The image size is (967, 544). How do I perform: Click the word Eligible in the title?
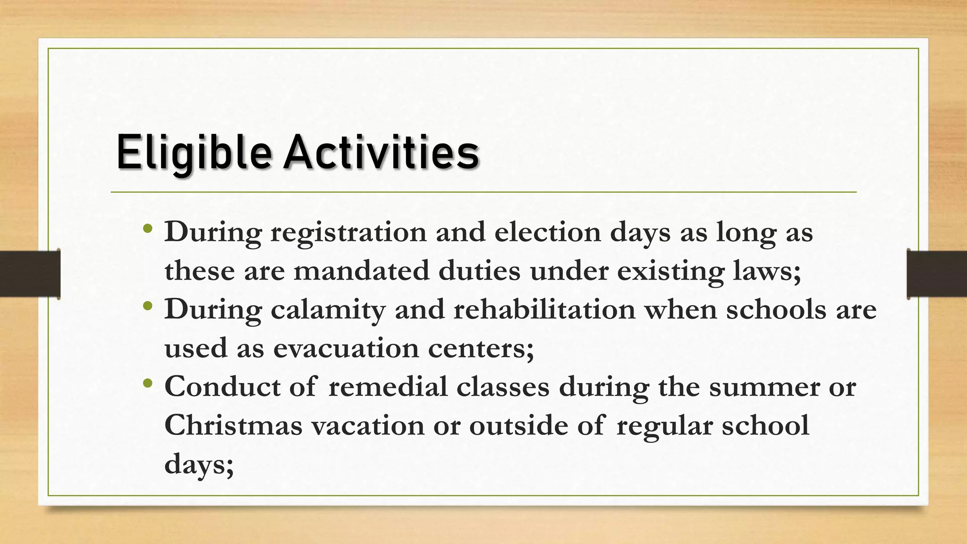point(194,152)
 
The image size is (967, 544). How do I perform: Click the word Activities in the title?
point(381,152)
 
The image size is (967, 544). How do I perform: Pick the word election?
point(547,232)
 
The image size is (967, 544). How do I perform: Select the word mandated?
point(361,272)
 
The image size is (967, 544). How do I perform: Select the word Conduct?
point(222,387)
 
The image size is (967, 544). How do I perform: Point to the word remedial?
point(388,387)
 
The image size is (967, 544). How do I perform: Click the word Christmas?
point(233,426)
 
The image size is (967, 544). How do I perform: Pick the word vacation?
point(368,426)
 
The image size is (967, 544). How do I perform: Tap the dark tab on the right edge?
point(937,274)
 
